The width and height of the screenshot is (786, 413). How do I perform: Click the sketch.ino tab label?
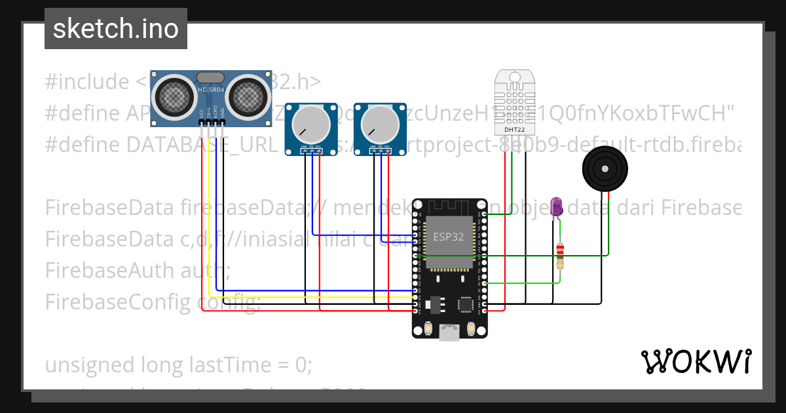[115, 29]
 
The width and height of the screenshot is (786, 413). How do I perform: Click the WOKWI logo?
[696, 361]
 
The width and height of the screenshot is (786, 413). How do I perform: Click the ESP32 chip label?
[449, 237]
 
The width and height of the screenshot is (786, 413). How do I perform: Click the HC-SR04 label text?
[211, 89]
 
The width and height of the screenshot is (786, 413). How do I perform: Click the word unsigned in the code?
[80, 364]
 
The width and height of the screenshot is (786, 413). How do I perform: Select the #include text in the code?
[87, 82]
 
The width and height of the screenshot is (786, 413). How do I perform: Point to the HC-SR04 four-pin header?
[212, 123]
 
